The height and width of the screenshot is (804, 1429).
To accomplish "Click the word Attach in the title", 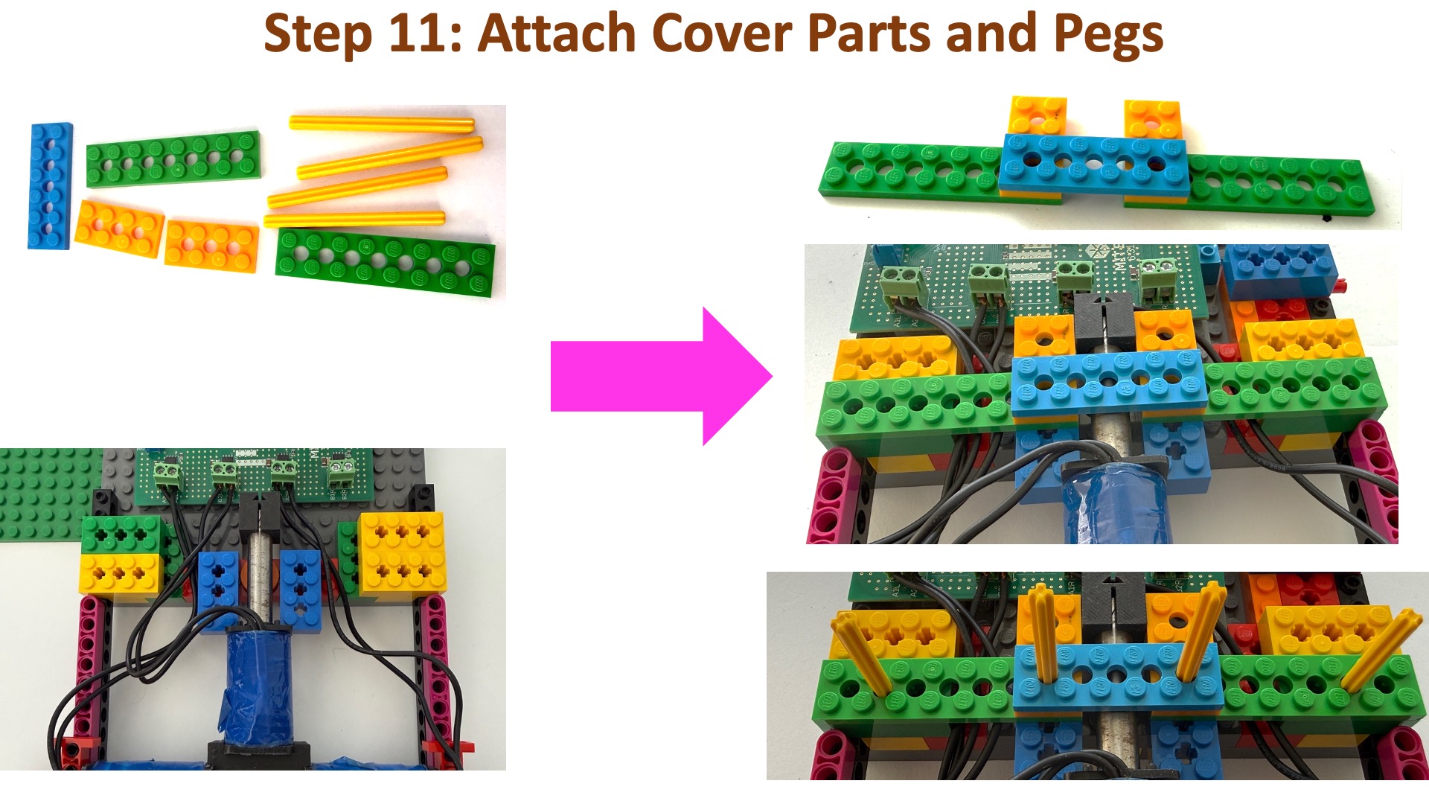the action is click(557, 33).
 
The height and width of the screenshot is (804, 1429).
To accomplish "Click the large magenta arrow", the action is click(661, 376).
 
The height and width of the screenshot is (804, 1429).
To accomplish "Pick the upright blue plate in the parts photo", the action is click(50, 185).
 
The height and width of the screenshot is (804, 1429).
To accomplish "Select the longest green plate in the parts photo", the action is click(385, 263).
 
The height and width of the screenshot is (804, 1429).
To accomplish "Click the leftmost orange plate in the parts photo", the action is click(119, 229).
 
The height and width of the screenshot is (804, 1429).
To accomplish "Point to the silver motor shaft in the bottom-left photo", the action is click(260, 578).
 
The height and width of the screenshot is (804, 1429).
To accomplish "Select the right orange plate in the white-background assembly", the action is click(1152, 119).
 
